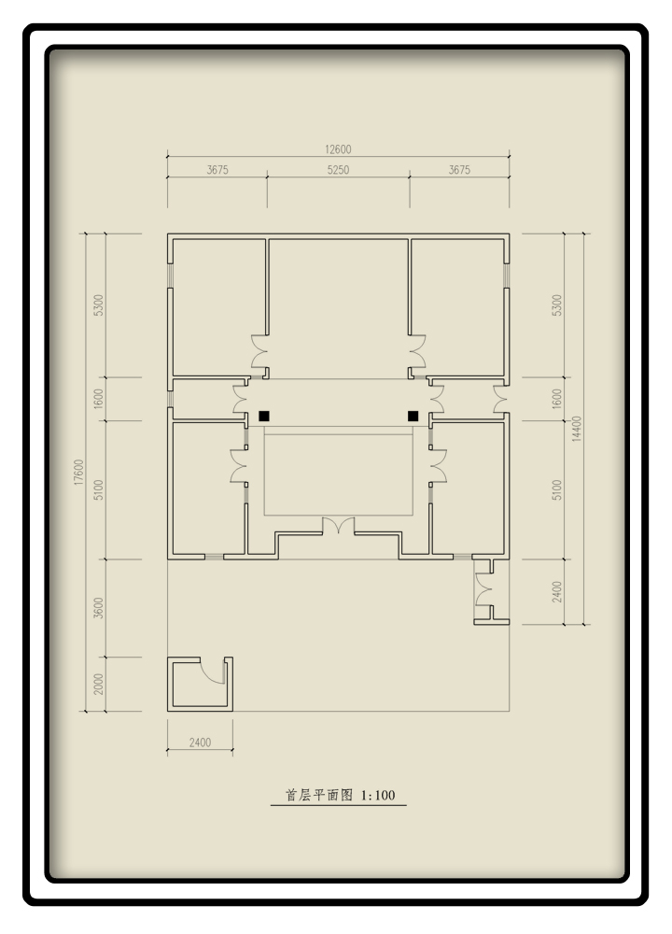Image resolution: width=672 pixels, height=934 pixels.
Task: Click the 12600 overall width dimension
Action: tap(338, 149)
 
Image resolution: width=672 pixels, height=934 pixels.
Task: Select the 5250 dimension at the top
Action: tap(338, 170)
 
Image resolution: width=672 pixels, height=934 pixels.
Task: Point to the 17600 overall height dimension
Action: tap(79, 472)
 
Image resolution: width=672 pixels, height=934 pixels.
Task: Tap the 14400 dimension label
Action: tap(576, 429)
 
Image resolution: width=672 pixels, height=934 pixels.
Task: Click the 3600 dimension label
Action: tap(99, 608)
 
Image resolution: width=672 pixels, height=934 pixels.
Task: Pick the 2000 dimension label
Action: tap(99, 684)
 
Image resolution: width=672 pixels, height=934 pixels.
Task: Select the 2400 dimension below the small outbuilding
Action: tap(200, 743)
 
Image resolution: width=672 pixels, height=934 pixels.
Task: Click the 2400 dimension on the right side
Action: tap(556, 591)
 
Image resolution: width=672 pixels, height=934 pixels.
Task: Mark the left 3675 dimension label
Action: tap(217, 170)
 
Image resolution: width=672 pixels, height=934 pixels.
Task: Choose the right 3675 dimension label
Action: tap(459, 170)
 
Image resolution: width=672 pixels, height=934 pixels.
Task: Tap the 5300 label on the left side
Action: tap(99, 305)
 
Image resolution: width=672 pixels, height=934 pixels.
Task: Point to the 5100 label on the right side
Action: tap(556, 489)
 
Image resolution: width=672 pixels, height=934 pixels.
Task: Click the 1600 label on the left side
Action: tap(99, 399)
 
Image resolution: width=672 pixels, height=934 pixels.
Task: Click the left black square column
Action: tap(264, 416)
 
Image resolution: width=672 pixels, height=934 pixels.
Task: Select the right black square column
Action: tap(413, 416)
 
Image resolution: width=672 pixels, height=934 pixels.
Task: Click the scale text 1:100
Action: tap(378, 795)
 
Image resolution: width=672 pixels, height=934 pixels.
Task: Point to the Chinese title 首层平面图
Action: tap(319, 795)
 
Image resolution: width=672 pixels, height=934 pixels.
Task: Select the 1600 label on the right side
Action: tap(556, 399)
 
